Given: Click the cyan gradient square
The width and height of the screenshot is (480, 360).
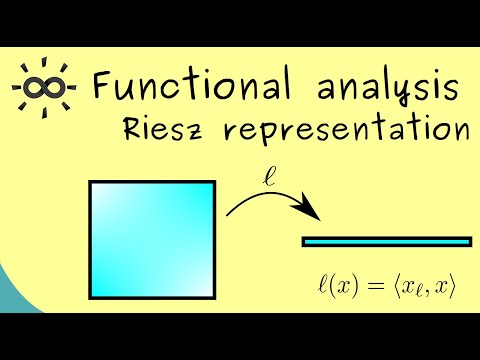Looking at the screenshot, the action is pyautogui.click(x=153, y=240).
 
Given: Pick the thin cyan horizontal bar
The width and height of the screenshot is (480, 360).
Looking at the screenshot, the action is pyautogui.click(x=386, y=241).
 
